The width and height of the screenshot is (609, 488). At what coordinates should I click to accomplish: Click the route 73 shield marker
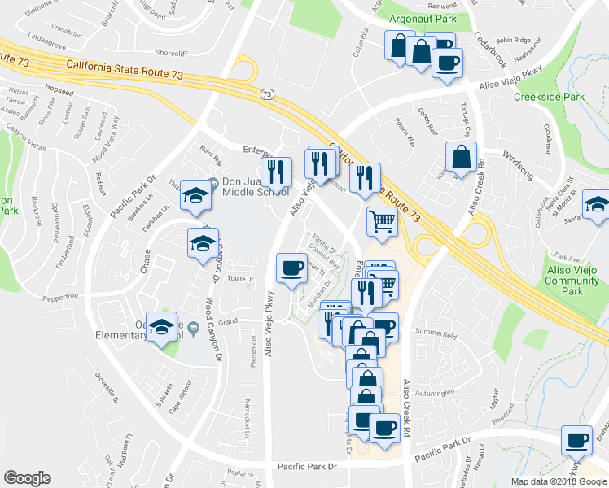point(267,94)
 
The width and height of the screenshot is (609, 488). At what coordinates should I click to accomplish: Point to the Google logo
point(27,477)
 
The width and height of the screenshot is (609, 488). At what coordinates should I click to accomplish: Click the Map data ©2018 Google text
point(559,481)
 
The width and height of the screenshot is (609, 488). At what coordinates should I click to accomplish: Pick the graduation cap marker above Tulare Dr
point(203,242)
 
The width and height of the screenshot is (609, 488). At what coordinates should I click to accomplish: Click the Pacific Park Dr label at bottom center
point(307,466)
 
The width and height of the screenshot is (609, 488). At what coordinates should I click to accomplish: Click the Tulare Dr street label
point(241,278)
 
